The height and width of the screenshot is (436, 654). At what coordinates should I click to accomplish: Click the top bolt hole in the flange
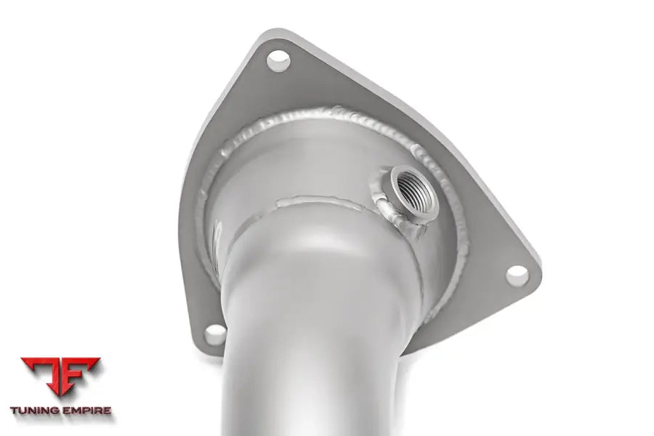[278, 61]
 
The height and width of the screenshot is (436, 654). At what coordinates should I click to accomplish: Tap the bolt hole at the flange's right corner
[517, 275]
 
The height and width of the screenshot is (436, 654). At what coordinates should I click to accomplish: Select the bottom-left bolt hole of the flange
[215, 335]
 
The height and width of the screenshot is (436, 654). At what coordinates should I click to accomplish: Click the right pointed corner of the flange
[537, 266]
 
